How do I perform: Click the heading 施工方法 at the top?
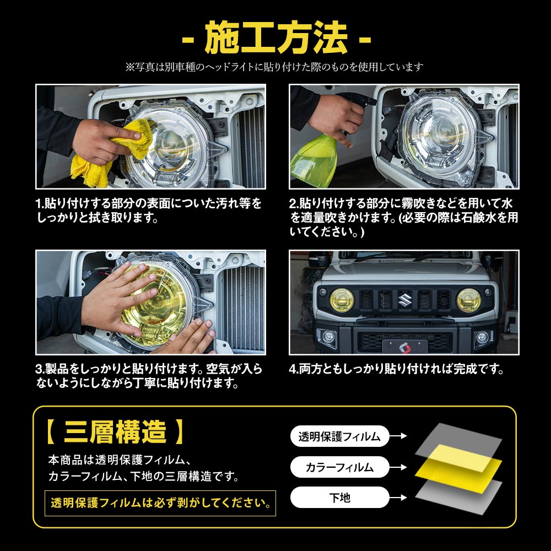(276, 38)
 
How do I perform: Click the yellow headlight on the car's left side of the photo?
(341, 300)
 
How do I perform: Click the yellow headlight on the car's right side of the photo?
(468, 300)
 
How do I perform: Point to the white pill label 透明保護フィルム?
(339, 436)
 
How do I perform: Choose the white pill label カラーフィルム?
(339, 467)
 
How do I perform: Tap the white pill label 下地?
(339, 498)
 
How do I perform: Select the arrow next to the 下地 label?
(398, 498)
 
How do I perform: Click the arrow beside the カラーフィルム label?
(398, 467)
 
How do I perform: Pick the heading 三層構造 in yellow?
(115, 431)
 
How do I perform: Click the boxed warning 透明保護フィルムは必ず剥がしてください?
(160, 503)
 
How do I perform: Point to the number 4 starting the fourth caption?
(292, 369)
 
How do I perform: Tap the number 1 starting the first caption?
(38, 203)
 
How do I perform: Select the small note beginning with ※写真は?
(274, 67)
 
